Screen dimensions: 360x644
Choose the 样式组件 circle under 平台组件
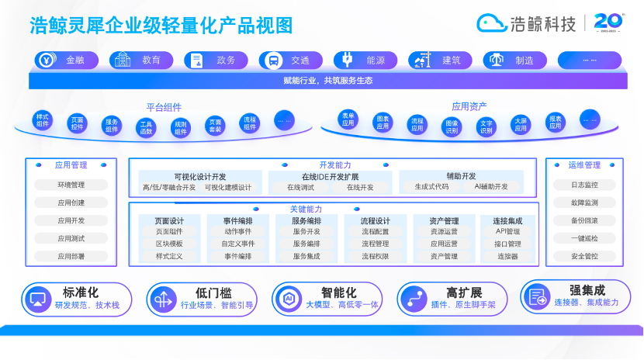point(43,120)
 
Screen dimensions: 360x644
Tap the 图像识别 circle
point(452,126)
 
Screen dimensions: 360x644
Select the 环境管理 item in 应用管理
point(71,185)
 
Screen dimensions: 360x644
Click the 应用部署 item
point(71,256)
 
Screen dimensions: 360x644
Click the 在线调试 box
point(300,187)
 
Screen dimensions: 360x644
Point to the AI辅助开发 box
point(490,187)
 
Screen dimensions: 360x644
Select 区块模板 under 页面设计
point(169,244)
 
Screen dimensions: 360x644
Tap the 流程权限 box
point(375,256)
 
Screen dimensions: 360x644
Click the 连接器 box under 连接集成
point(507,256)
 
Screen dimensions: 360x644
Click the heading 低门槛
point(213,292)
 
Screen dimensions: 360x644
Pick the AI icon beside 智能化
point(287,298)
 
